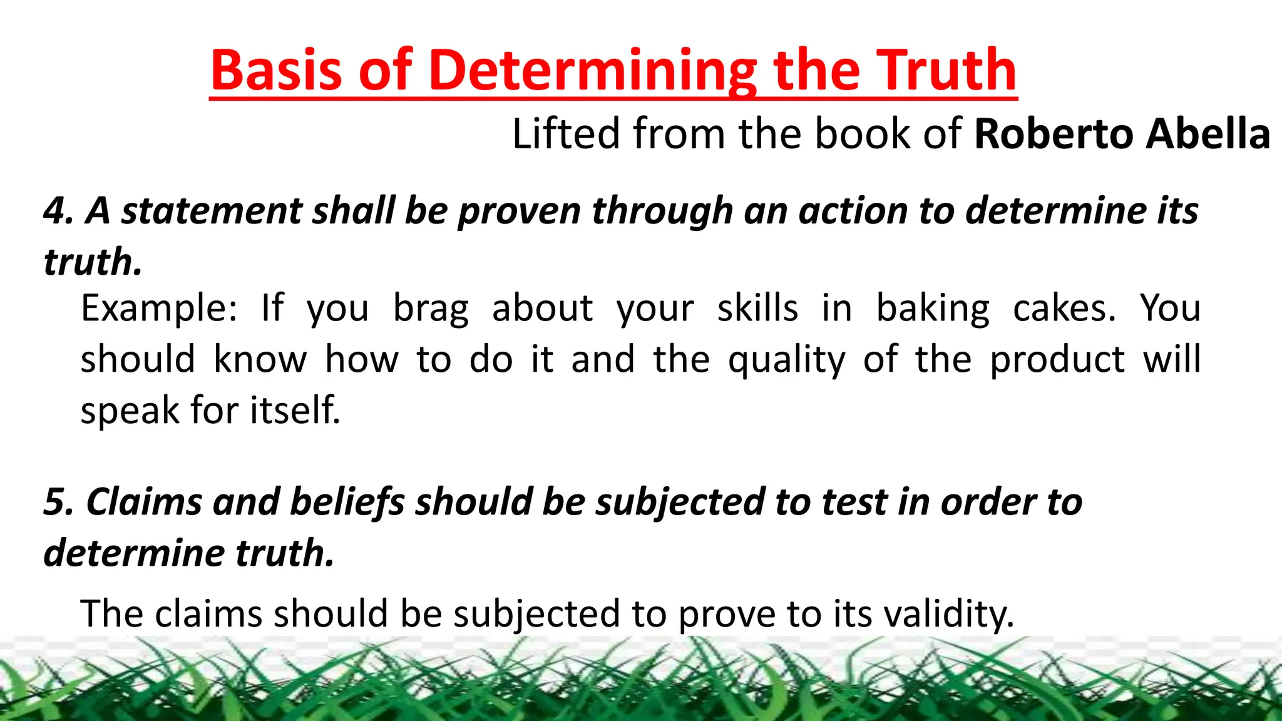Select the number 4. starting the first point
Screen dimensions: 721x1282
click(59, 210)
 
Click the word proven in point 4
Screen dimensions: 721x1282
click(520, 212)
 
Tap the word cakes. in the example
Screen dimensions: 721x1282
click(1064, 309)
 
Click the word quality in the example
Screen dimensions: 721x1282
click(786, 360)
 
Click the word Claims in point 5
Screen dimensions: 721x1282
click(144, 502)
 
